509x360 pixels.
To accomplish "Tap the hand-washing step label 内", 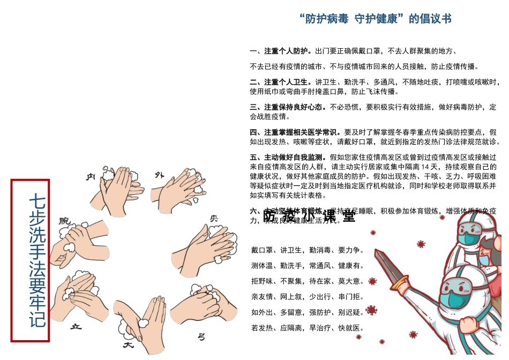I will click(x=91, y=177).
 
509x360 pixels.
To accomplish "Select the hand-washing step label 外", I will click(x=159, y=175).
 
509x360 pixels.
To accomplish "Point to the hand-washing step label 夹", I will click(x=214, y=219).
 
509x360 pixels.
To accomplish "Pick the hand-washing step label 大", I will click(x=128, y=346).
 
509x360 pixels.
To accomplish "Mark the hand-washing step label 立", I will click(x=76, y=327).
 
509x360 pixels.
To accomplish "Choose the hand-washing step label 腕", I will click(x=64, y=220).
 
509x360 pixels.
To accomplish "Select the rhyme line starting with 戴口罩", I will click(x=308, y=250).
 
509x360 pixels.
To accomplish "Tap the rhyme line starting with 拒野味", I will click(x=308, y=281).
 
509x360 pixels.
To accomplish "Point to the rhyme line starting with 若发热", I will click(x=308, y=328).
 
